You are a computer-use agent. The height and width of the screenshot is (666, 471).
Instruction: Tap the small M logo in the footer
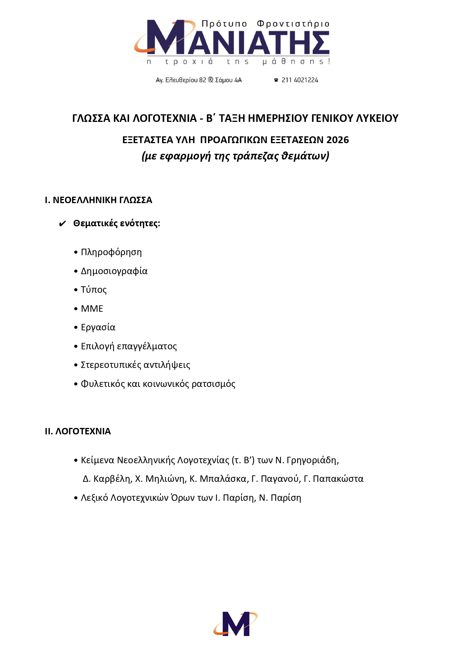pyautogui.click(x=236, y=624)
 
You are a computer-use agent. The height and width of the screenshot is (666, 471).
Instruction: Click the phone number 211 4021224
pyautogui.click(x=299, y=80)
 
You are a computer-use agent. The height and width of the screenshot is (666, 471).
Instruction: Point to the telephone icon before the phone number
pyautogui.click(x=276, y=80)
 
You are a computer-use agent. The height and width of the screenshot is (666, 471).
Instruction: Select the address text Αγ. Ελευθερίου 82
pyautogui.click(x=181, y=80)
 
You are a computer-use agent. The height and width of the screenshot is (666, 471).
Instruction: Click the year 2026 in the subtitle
pyautogui.click(x=337, y=140)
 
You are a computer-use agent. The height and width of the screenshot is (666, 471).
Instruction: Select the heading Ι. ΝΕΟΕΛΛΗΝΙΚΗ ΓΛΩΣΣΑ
pyautogui.click(x=98, y=200)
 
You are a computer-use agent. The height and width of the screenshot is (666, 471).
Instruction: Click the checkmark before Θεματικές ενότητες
pyautogui.click(x=63, y=224)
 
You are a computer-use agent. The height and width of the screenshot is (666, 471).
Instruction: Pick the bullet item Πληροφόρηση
pyautogui.click(x=111, y=252)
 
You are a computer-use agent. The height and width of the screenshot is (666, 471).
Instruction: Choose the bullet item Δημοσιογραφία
pyautogui.click(x=114, y=271)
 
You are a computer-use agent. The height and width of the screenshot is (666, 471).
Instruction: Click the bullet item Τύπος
pyautogui.click(x=94, y=290)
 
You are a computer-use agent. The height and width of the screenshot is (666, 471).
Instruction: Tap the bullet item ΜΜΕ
pyautogui.click(x=92, y=309)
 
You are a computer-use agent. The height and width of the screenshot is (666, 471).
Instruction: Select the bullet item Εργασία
pyautogui.click(x=98, y=327)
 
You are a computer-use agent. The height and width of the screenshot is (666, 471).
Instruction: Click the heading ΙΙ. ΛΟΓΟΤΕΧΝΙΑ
pyautogui.click(x=78, y=431)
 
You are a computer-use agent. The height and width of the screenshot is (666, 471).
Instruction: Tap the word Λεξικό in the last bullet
pyautogui.click(x=94, y=498)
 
